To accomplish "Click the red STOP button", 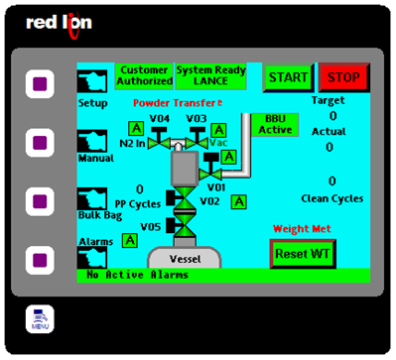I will point(343,77).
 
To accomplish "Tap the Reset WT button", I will point(304,254).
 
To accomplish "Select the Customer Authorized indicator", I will point(143,75).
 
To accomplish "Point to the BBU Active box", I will point(274,124).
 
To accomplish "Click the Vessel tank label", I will point(189,258).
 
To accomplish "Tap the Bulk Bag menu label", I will point(99,214).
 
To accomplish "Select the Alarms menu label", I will point(95,241).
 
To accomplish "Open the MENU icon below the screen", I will point(41,318).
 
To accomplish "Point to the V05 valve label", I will point(150,227).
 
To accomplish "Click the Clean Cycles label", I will point(332,198).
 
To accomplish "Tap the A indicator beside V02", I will point(239,202).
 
